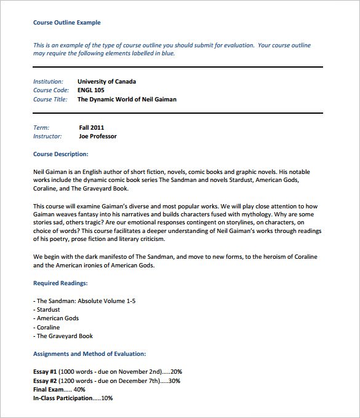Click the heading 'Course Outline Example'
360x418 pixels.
coord(66,23)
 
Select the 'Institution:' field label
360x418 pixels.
coord(48,81)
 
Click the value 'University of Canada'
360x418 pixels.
coord(107,81)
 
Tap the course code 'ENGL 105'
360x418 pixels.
coord(91,90)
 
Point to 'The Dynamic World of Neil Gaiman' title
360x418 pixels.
coord(127,99)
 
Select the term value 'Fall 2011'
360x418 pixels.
coord(92,127)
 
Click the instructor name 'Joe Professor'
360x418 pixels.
coord(98,136)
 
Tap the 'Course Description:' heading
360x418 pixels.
coord(60,154)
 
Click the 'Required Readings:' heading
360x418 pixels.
coord(60,283)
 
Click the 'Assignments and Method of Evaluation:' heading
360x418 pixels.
coord(89,354)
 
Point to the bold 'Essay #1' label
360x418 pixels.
coord(46,372)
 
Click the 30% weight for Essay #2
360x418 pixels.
coord(174,381)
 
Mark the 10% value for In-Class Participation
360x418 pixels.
coord(107,398)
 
